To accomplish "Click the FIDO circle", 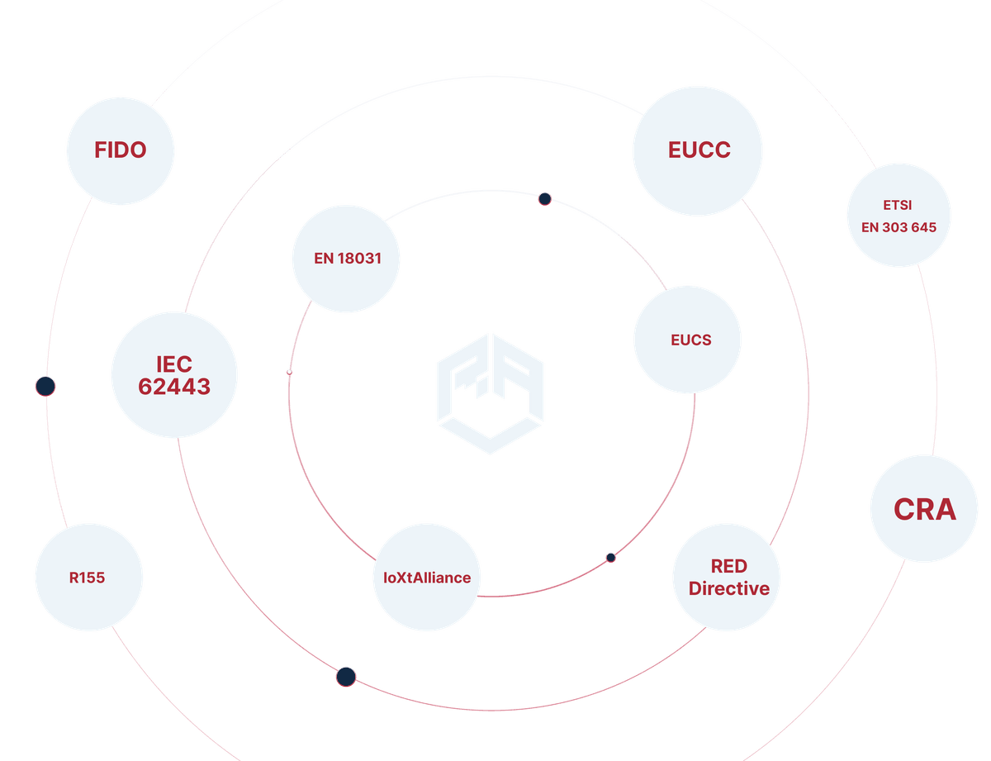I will [x=121, y=150].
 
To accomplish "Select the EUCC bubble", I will [x=699, y=150].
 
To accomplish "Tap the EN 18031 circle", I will [x=347, y=259].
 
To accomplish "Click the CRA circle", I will [x=924, y=509].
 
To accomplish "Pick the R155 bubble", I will [x=88, y=577].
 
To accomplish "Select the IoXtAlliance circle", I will [x=426, y=578].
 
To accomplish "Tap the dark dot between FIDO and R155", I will [x=45, y=385].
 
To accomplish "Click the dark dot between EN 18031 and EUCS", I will [x=544, y=198].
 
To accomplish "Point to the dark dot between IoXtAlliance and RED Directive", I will [x=610, y=557].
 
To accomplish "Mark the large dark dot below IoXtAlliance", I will [x=346, y=677].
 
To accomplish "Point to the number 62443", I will [x=174, y=386].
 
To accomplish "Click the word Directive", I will [x=728, y=588].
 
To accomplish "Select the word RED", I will [x=728, y=567].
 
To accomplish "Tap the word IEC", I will [x=174, y=364].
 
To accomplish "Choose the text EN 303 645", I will [x=899, y=226].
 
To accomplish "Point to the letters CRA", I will [x=924, y=509].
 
